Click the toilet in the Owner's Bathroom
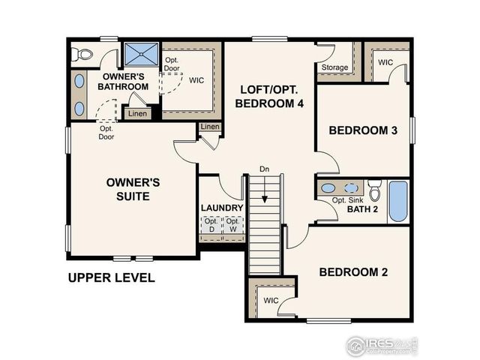[x=81, y=53]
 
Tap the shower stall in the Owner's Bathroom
[x=140, y=54]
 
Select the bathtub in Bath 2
[x=397, y=201]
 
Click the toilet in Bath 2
[x=375, y=188]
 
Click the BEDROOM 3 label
[x=363, y=130]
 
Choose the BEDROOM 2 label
[x=353, y=271]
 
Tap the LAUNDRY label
[x=221, y=208]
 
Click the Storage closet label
[x=334, y=67]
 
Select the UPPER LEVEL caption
[x=111, y=278]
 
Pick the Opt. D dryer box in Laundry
[x=211, y=226]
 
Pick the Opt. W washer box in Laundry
[x=233, y=226]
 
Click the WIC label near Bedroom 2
[x=271, y=301]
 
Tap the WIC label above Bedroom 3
[x=386, y=62]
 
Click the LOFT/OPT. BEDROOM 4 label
[x=270, y=97]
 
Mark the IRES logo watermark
[x=382, y=345]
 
